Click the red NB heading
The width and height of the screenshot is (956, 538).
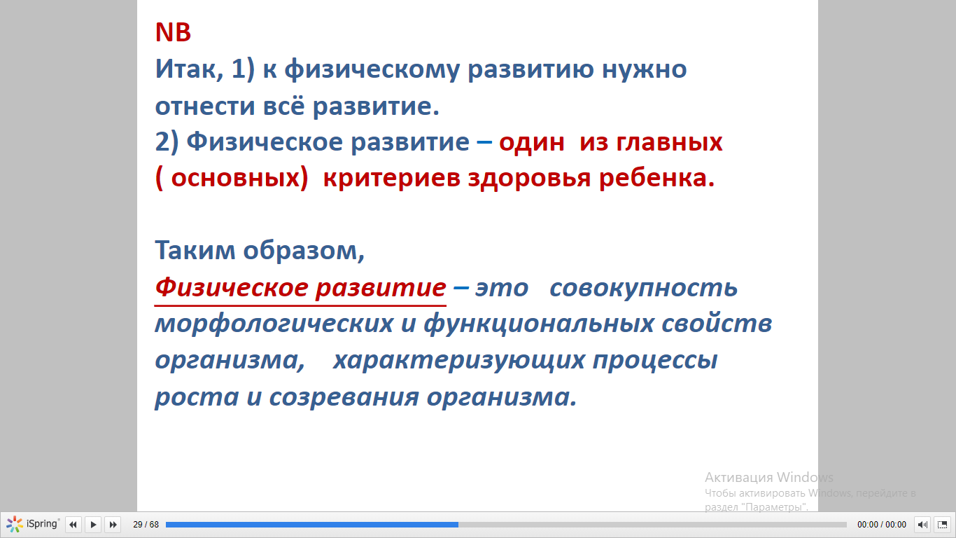point(173,32)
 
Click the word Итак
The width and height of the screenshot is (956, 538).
point(189,69)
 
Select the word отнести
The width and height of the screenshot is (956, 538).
point(205,106)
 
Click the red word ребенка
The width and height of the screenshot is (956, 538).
point(657,178)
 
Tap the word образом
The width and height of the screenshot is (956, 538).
point(304,251)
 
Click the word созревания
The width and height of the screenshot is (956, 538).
point(344,397)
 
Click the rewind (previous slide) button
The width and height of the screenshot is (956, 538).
point(73,524)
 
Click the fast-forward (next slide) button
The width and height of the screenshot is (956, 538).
point(113,524)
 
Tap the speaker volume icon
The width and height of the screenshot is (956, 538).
point(922,524)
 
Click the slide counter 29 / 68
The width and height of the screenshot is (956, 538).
point(146,524)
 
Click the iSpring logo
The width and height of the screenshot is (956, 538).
point(32,524)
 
